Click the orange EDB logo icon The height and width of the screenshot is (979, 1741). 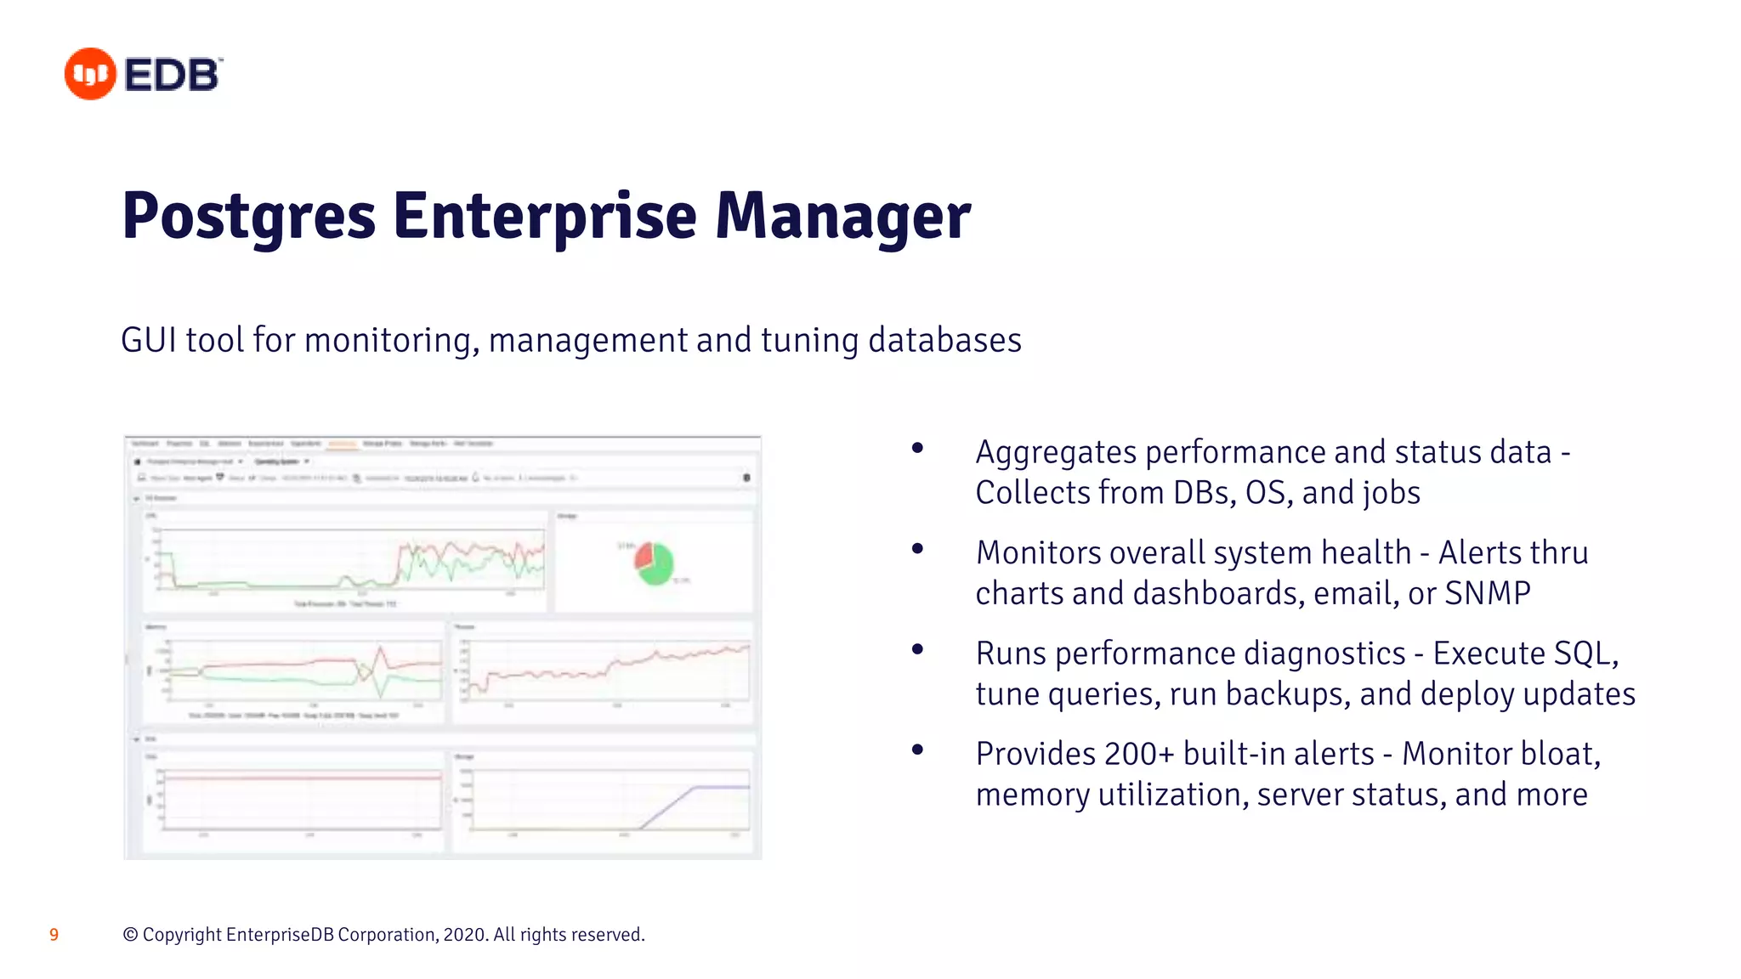coord(90,74)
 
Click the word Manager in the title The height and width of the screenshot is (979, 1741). coord(842,217)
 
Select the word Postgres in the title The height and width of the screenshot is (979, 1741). coord(248,217)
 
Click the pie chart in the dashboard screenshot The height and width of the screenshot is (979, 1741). coord(655,563)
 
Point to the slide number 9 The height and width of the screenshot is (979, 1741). coord(54,935)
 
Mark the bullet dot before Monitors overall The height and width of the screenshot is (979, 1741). coord(917,549)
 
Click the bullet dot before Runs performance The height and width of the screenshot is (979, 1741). coord(917,649)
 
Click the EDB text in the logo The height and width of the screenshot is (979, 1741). coord(172,75)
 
